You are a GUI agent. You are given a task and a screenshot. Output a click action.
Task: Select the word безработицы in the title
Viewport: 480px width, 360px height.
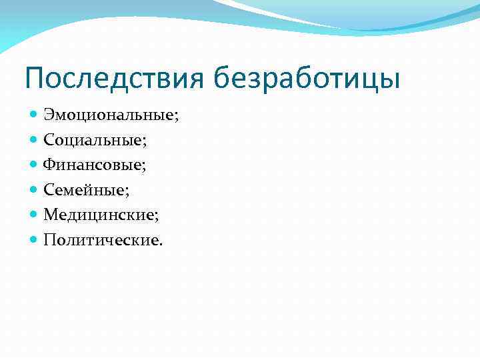(x=307, y=79)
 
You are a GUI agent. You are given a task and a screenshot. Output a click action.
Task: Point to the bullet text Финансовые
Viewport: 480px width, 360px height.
(x=93, y=165)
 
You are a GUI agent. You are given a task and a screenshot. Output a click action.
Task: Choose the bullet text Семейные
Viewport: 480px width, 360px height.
(x=85, y=190)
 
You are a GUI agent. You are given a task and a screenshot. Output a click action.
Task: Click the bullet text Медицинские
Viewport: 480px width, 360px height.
(x=100, y=215)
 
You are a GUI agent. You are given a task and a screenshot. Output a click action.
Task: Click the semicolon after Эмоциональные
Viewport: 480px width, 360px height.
(x=177, y=117)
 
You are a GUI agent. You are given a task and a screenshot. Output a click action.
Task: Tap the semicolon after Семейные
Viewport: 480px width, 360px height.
(x=128, y=192)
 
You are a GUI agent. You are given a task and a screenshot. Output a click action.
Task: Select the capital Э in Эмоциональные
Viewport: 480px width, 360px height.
(x=49, y=115)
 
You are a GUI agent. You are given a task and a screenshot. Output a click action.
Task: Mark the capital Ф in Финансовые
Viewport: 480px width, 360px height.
(x=49, y=165)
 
